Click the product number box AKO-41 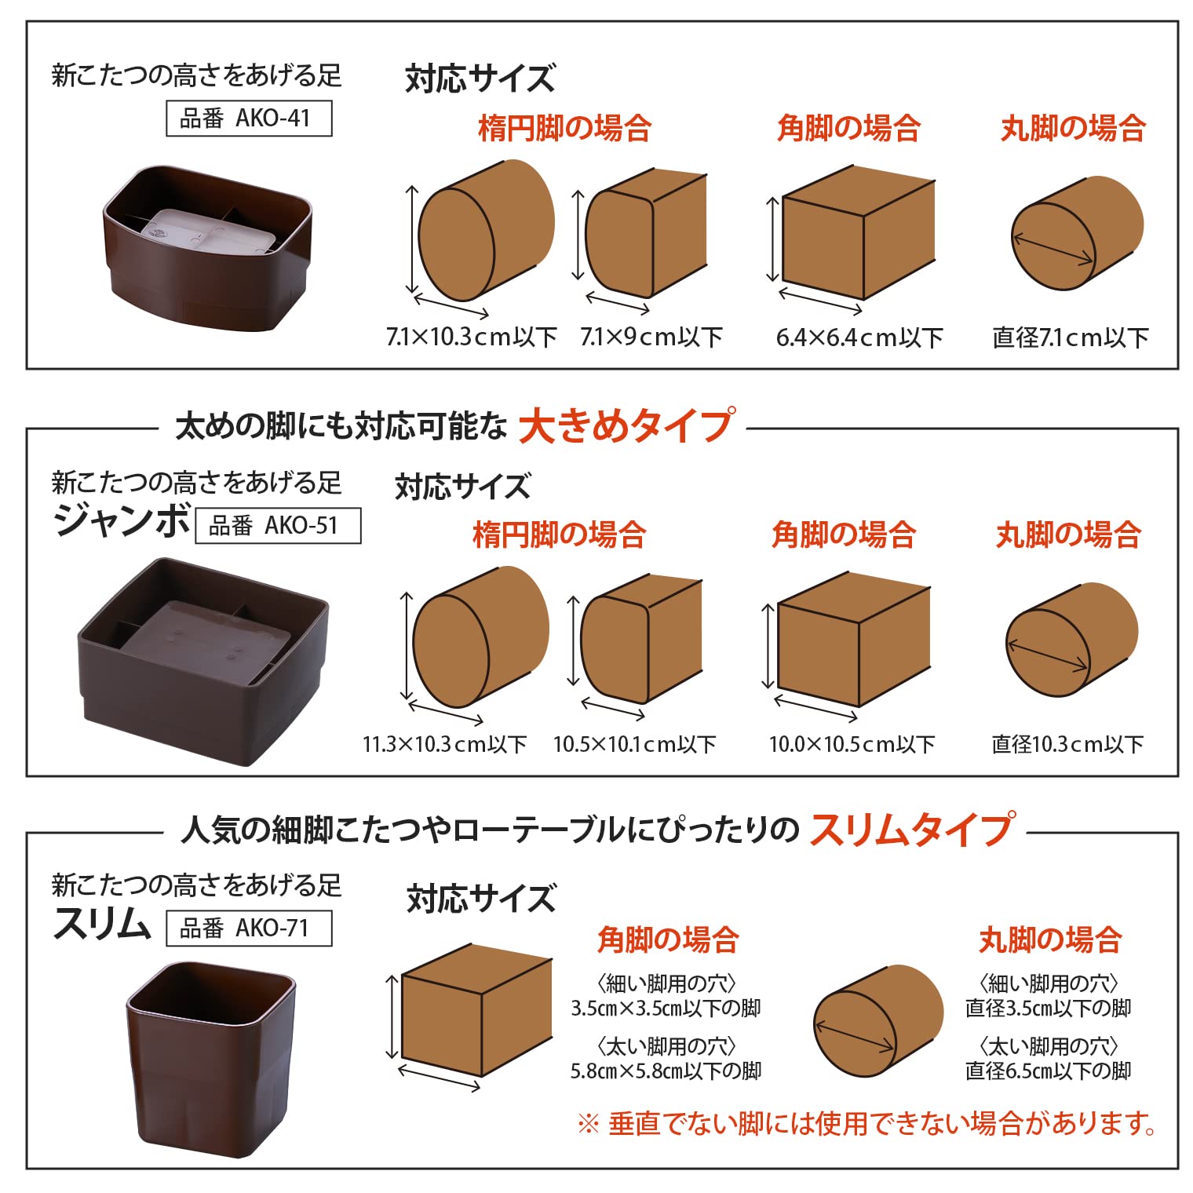point(249,119)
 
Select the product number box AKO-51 point(278,525)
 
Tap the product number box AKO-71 point(249,928)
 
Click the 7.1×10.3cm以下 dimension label point(471,337)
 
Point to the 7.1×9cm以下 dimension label point(651,337)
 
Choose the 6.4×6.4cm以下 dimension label point(859,337)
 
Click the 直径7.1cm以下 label point(1071,337)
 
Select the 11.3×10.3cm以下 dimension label point(444,744)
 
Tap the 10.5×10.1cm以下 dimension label point(634,744)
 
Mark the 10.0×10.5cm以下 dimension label point(852,744)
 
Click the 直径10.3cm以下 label point(1067,744)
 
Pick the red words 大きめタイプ point(626,426)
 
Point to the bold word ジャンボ point(122,520)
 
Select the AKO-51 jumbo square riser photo point(203,662)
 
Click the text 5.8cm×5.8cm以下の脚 point(666,1071)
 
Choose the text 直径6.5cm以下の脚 point(1048,1071)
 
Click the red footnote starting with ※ point(866,1124)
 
